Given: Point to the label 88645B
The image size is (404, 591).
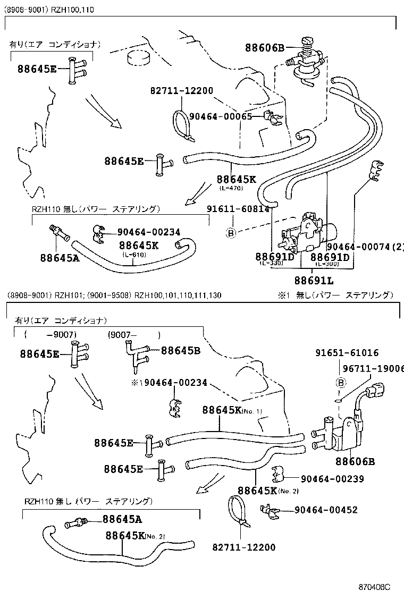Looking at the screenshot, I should coord(180,350).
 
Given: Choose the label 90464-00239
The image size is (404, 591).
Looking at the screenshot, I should coord(332,479).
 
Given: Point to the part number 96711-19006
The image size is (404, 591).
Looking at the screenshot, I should coord(372,368).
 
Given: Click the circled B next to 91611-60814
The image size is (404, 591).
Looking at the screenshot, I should coord(231,232).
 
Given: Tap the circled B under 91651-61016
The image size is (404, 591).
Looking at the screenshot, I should coord(342,382).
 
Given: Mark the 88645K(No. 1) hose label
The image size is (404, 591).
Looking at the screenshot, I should coord(232,410).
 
